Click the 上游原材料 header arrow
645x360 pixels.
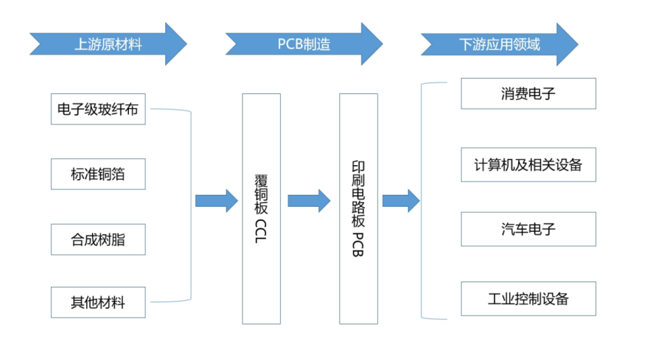click(107, 44)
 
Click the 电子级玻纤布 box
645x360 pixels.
click(98, 109)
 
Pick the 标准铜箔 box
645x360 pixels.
click(98, 174)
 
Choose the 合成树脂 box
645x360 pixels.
click(98, 239)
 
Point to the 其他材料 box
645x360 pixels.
click(98, 302)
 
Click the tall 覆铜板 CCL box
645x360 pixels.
click(261, 209)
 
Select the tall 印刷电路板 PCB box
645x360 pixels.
click(358, 209)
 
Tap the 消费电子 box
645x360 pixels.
click(528, 93)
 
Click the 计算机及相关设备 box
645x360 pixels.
click(528, 165)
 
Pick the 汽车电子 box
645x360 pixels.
click(528, 229)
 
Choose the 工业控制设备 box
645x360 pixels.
click(528, 299)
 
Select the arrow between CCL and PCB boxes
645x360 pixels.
click(309, 200)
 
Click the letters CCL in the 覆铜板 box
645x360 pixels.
click(261, 230)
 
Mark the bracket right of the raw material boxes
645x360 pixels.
click(190, 205)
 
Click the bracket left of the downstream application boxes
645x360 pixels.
click(421, 201)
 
